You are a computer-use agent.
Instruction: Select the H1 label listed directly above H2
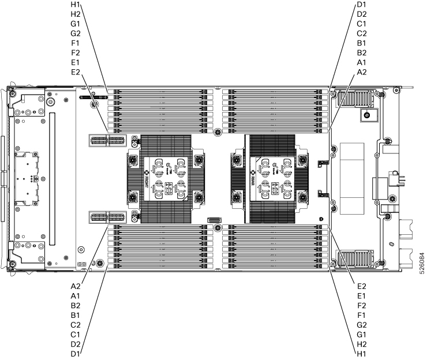click(x=75, y=6)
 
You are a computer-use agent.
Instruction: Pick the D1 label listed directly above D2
click(x=362, y=6)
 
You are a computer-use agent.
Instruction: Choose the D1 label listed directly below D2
click(x=75, y=353)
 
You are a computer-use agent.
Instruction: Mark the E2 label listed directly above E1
click(x=362, y=286)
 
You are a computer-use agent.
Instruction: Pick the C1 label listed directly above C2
click(x=362, y=24)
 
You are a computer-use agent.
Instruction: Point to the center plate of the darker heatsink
click(x=269, y=179)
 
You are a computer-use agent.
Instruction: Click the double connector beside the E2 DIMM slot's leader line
click(x=107, y=141)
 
